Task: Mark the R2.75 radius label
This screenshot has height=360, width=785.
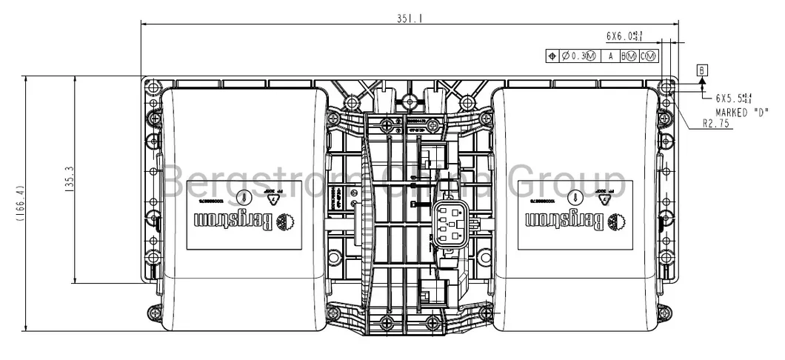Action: tap(717, 124)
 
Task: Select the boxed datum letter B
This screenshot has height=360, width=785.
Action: tap(702, 70)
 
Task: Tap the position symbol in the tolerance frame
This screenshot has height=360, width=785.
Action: tap(552, 56)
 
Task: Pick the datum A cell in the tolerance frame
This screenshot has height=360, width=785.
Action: tap(610, 56)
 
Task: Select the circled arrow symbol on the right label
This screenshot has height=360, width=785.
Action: tap(575, 196)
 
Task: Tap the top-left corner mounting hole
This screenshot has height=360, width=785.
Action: tap(153, 87)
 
